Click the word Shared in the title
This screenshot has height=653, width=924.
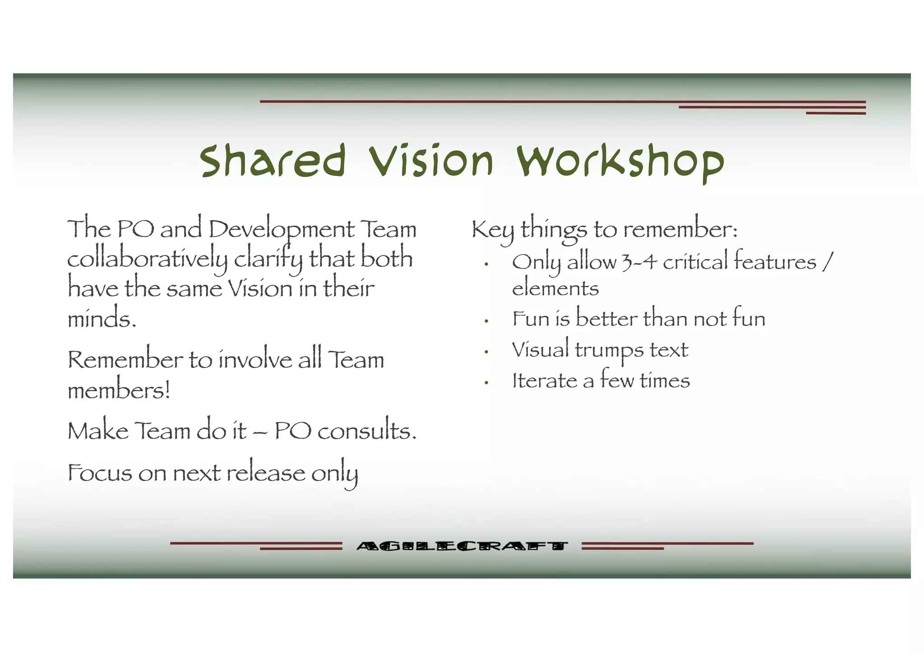tap(273, 161)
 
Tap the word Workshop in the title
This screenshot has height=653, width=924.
tap(620, 162)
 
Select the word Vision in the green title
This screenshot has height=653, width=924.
tap(431, 161)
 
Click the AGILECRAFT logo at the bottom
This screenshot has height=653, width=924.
tap(462, 546)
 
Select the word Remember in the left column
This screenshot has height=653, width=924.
tap(125, 360)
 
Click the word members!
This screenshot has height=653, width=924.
tap(119, 390)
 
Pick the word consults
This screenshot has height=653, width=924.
tap(367, 431)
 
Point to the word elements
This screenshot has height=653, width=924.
tap(555, 288)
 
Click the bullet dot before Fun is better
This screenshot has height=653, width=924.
tap(486, 321)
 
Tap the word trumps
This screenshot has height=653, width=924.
tap(609, 350)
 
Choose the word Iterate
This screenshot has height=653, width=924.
tap(545, 380)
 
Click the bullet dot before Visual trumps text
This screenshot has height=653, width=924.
tap(486, 352)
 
